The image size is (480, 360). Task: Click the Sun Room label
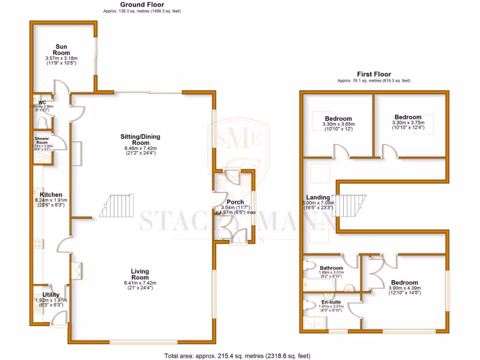[61, 50]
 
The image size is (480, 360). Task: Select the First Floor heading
[374, 74]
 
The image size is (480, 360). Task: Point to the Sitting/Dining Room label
[140, 140]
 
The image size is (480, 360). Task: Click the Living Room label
[140, 274]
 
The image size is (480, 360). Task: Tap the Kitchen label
[51, 195]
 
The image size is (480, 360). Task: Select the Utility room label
[51, 295]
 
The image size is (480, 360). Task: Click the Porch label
[235, 202]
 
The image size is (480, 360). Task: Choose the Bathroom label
[332, 268]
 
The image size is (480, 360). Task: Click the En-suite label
[331, 302]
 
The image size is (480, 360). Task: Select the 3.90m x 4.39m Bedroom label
[405, 283]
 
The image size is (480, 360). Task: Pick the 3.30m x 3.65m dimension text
[338, 124]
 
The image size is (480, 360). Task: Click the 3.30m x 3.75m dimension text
[407, 123]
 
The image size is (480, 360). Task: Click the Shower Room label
[42, 141]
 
